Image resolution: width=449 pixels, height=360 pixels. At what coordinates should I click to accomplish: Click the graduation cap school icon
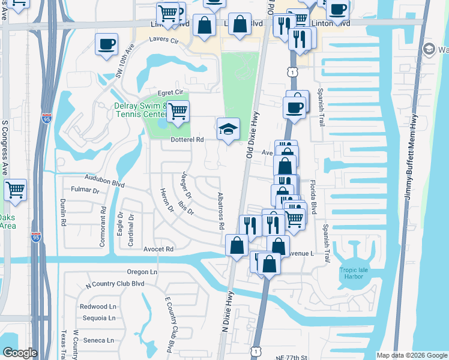[228, 129]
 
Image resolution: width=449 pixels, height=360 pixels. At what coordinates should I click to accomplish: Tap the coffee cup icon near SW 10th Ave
[106, 44]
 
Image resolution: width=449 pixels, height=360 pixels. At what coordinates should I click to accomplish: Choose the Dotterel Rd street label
[187, 139]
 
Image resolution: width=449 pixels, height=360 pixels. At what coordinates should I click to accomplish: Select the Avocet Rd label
[158, 248]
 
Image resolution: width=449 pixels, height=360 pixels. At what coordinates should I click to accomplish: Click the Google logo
[20, 353]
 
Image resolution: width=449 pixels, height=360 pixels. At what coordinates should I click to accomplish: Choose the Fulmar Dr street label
[85, 190]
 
